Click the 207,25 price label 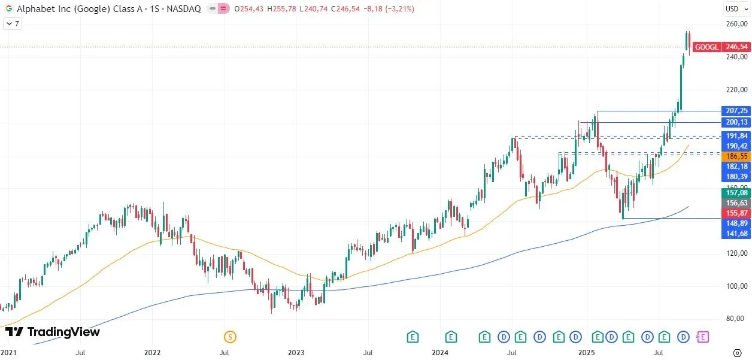click(x=736, y=111)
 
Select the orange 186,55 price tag click(x=736, y=156)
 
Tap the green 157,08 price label click(x=736, y=192)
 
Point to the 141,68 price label click(x=736, y=233)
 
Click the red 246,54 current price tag click(x=736, y=47)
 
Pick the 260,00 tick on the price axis click(x=736, y=24)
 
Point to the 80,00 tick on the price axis click(x=736, y=319)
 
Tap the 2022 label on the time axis click(x=153, y=353)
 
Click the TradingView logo click(x=53, y=332)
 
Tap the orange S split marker click(x=230, y=337)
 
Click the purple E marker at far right click(x=703, y=337)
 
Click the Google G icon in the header click(x=9, y=9)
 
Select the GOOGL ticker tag click(x=706, y=47)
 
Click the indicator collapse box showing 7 click(x=13, y=24)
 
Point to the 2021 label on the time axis click(x=9, y=353)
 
